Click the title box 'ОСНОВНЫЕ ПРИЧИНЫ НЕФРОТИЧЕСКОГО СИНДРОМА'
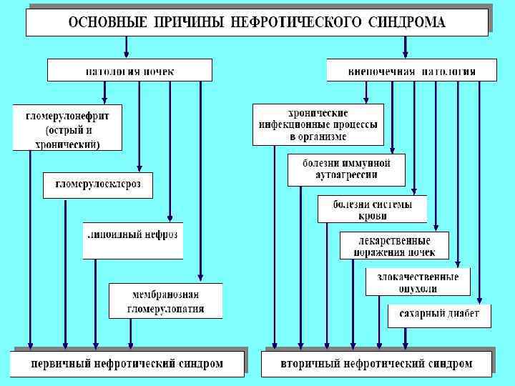pyautogui.click(x=257, y=21)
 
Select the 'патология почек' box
pyautogui.click(x=129, y=71)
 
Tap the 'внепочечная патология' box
pyautogui.click(x=412, y=71)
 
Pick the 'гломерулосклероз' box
pyautogui.click(x=97, y=185)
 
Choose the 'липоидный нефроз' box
pyautogui.click(x=132, y=236)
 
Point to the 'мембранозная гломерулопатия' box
pyautogui.click(x=165, y=301)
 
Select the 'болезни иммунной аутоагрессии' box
pyautogui.click(x=346, y=169)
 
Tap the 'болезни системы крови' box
pyautogui.click(x=372, y=209)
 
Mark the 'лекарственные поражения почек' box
pyautogui.click(x=394, y=246)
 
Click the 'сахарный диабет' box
pyautogui.click(x=439, y=315)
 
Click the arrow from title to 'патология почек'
pyautogui.click(x=127, y=46)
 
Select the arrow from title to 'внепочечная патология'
pyautogui.click(x=406, y=46)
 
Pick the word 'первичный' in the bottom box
pyautogui.click(x=61, y=364)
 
